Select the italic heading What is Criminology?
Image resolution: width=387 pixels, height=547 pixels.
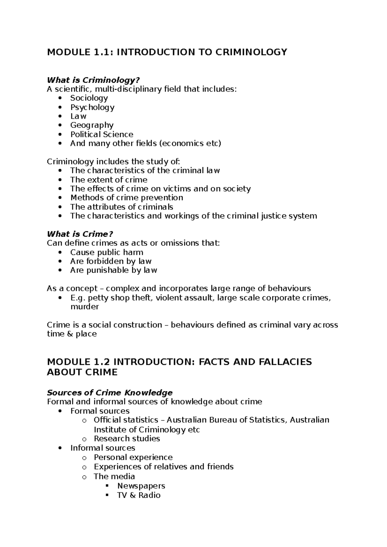[94, 80]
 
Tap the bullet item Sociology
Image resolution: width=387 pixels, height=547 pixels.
[89, 98]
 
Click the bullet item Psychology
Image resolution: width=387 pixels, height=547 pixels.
[92, 107]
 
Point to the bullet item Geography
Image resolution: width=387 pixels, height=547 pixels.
[92, 125]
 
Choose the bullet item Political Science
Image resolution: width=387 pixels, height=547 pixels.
[102, 134]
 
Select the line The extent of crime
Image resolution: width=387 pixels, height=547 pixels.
[109, 179]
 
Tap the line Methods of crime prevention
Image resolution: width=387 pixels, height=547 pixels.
[126, 197]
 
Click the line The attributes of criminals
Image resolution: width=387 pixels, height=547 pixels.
[122, 206]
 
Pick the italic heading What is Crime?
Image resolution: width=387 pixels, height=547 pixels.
[80, 234]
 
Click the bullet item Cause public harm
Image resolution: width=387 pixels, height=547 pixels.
[106, 252]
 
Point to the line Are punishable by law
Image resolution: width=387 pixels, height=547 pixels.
[114, 270]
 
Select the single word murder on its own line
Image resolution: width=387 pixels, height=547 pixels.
[84, 307]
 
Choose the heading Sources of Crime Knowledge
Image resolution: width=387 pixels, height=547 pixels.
[110, 392]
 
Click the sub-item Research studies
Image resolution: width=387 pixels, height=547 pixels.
[127, 438]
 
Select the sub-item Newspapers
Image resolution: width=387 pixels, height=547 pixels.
[141, 486]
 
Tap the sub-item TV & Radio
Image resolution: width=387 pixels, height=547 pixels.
[139, 495]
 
